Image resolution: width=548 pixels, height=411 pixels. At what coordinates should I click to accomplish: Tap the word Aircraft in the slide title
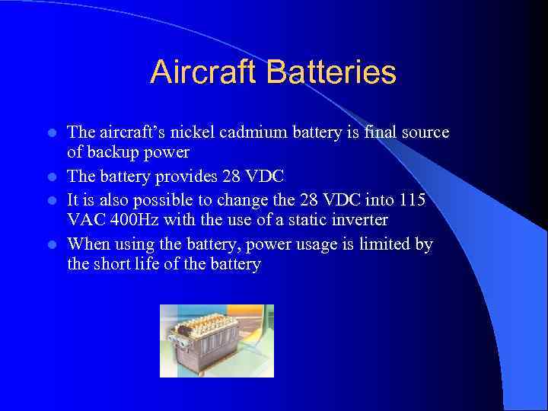[204, 73]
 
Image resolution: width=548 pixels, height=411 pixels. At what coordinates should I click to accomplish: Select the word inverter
[358, 220]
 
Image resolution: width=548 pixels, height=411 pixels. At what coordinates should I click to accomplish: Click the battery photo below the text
[216, 340]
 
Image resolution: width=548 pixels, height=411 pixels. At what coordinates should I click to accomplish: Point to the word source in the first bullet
[425, 133]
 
